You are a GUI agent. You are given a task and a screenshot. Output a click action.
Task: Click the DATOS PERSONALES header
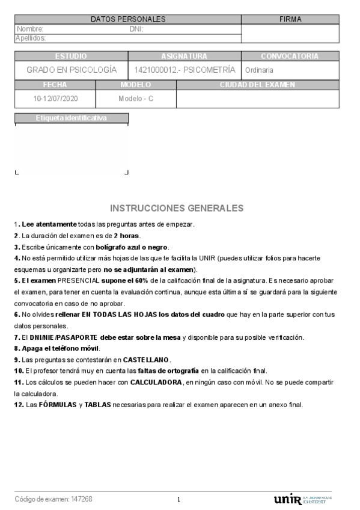[x=128, y=19]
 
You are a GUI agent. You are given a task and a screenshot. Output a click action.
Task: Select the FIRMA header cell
[x=290, y=19]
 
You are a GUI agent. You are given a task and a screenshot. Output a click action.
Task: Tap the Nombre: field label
[x=30, y=29]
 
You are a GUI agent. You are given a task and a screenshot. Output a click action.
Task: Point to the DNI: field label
[x=136, y=29]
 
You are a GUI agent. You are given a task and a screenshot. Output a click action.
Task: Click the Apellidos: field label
[x=31, y=38]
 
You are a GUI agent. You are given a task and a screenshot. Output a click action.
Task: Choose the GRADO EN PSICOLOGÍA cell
[x=72, y=70]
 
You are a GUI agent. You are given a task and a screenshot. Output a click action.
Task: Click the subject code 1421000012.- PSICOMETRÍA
[x=185, y=70]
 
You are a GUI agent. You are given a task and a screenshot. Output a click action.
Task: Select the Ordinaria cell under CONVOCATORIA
[x=259, y=70]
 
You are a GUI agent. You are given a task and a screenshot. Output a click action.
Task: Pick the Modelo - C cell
[x=136, y=98]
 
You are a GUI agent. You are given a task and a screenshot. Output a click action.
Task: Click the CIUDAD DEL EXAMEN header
[x=257, y=85]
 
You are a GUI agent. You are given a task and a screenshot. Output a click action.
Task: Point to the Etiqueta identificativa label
[x=71, y=118]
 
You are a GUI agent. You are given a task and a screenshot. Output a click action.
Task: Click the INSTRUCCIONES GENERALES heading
[x=177, y=208]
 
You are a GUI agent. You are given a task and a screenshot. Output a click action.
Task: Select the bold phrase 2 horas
[x=127, y=236]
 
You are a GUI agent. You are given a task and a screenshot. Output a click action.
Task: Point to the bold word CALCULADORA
[x=156, y=382]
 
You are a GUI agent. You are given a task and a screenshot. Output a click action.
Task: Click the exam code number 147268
[x=82, y=499]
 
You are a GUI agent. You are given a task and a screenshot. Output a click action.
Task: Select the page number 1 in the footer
[x=178, y=500]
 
